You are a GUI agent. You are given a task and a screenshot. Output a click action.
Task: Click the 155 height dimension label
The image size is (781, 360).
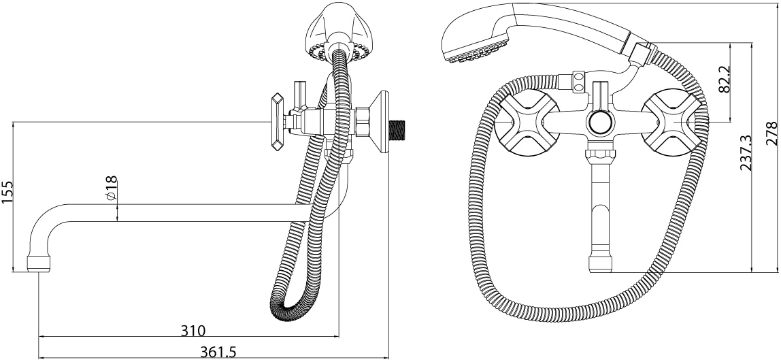point(8,192)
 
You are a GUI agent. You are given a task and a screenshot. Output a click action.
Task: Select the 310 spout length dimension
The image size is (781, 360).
point(193,330)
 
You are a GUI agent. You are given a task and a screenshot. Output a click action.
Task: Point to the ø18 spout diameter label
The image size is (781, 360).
point(112,188)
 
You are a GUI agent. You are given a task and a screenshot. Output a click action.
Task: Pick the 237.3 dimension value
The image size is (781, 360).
point(745,153)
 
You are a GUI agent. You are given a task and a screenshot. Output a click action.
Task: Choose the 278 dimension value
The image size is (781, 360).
point(771,133)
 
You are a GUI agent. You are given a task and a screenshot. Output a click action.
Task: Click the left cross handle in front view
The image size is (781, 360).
point(520,122)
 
